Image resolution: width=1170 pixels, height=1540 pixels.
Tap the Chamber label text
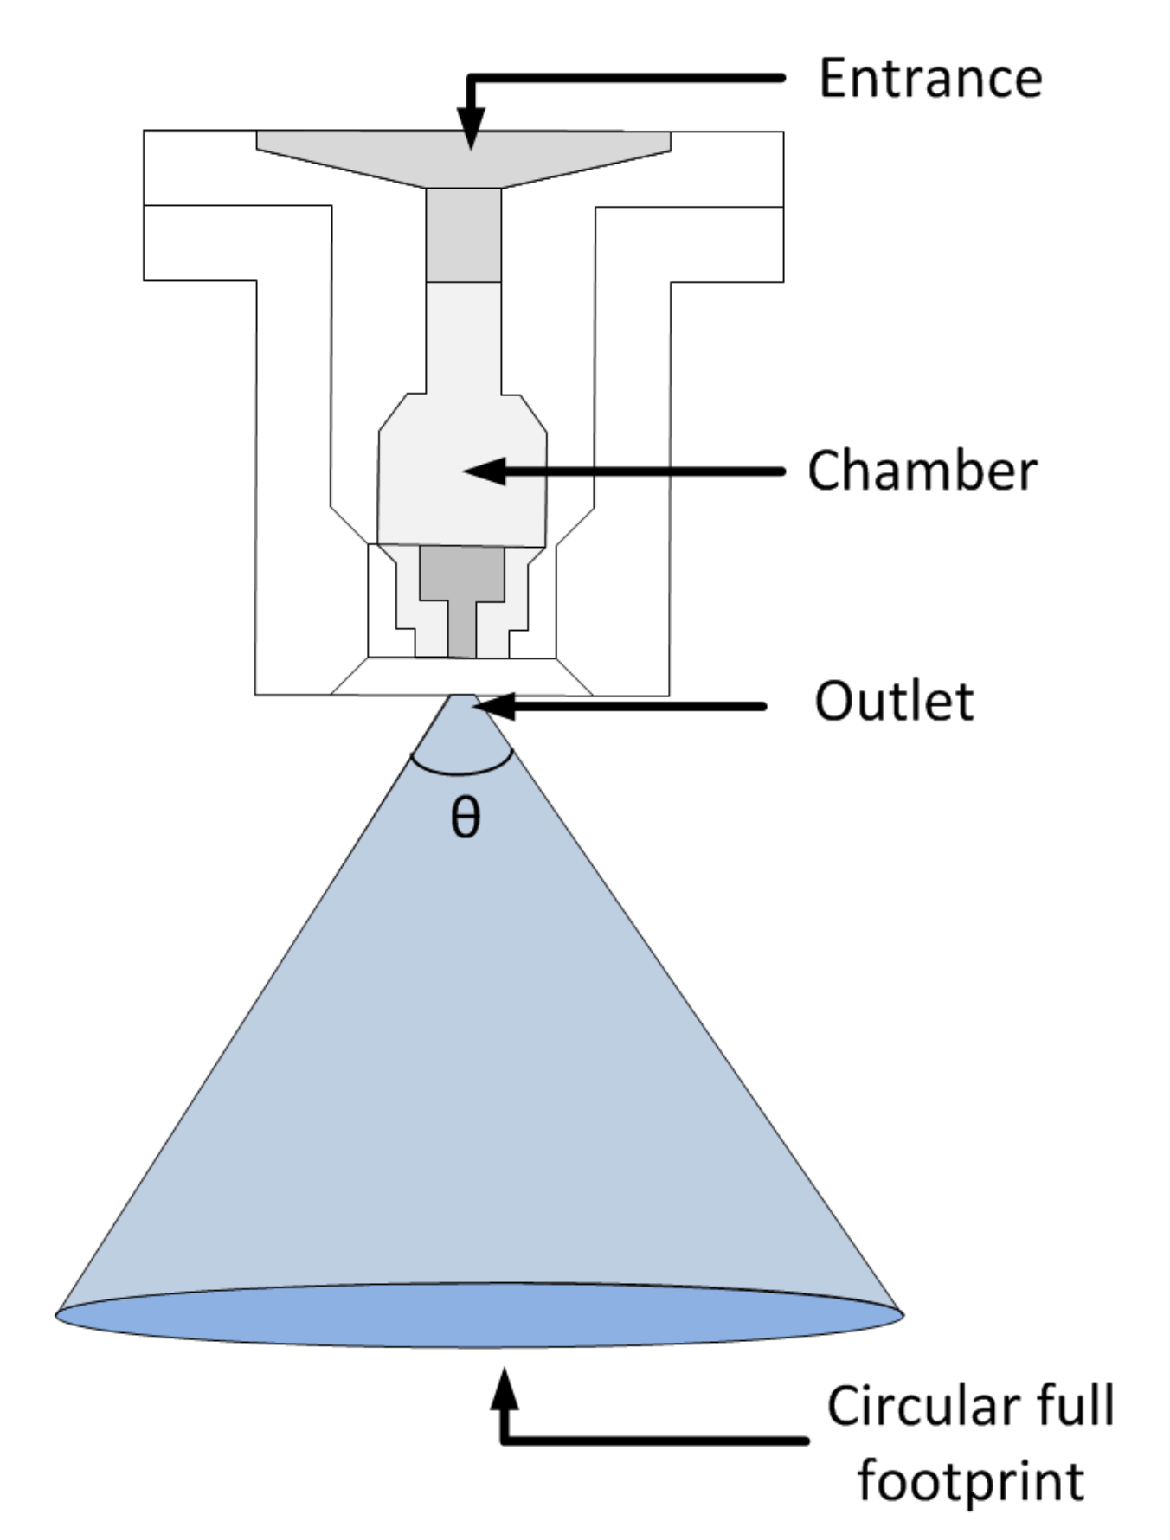pyautogui.click(x=922, y=472)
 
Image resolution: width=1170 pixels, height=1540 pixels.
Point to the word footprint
pyautogui.click(x=970, y=1481)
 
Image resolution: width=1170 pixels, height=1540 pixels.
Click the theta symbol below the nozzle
pyautogui.click(x=466, y=817)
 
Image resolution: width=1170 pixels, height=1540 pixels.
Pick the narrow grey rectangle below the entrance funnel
pyautogui.click(x=463, y=234)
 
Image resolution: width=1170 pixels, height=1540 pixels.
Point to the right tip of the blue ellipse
pyautogui.click(x=903, y=1314)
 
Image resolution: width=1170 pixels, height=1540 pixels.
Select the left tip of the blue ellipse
pyautogui.click(x=56, y=1314)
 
